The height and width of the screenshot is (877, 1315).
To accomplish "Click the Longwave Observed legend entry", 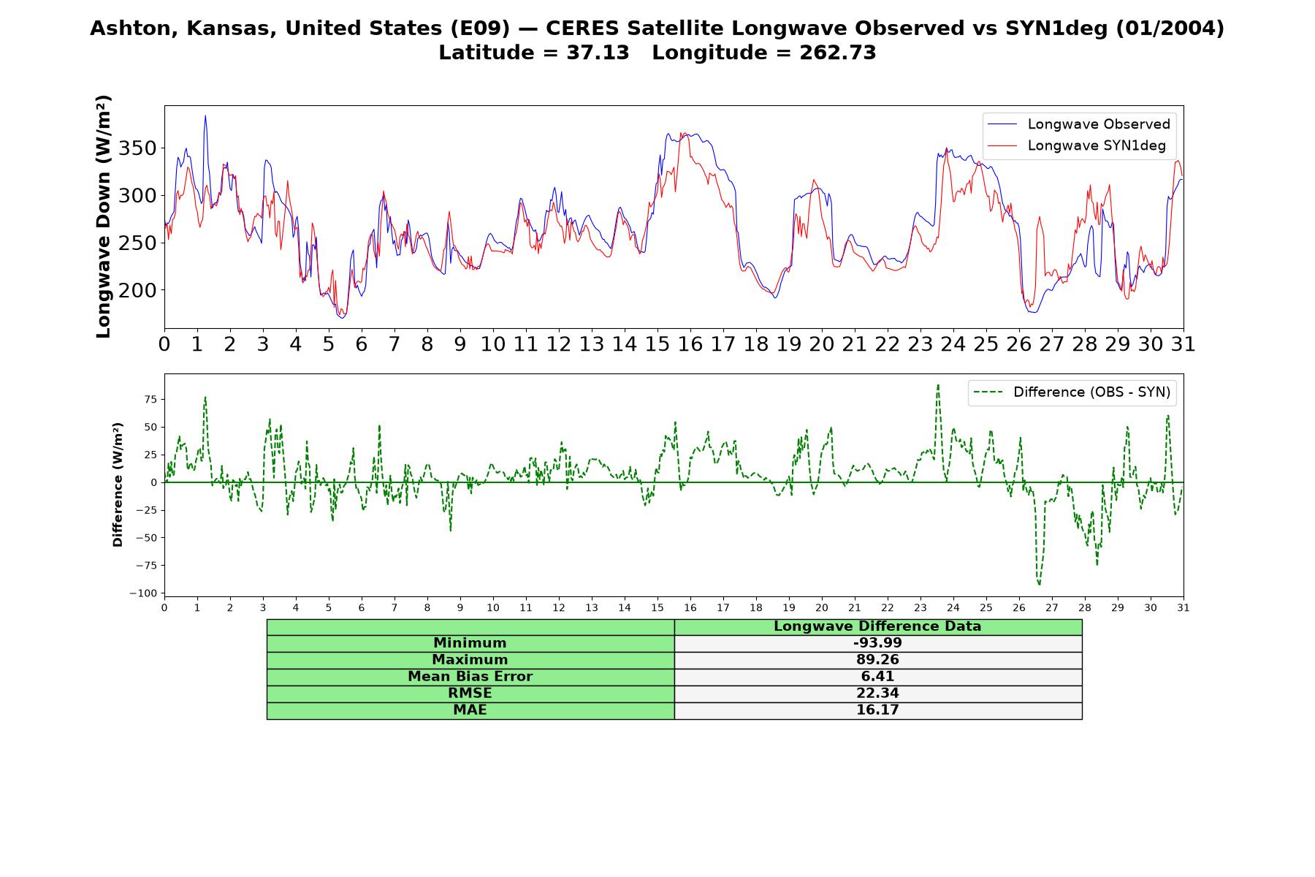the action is [x=1078, y=124].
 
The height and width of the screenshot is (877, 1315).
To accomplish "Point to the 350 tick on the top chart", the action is [x=137, y=148].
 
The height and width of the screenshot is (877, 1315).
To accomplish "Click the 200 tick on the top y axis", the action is [x=137, y=290].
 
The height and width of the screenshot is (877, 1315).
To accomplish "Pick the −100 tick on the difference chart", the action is [x=142, y=593].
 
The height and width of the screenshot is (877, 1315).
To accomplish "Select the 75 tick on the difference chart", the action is [x=150, y=399].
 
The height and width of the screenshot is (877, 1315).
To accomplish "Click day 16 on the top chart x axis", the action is [x=690, y=344].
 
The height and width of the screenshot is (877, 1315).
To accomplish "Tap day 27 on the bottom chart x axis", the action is [x=1051, y=608].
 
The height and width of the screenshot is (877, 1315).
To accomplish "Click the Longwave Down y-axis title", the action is [x=104, y=216].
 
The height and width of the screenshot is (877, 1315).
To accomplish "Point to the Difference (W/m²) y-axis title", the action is [x=118, y=485].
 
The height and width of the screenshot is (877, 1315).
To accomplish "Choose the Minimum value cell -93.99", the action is [x=877, y=643].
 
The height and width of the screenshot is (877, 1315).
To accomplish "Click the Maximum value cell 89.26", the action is [x=877, y=660].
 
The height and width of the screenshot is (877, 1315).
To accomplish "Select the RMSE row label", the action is [x=470, y=694].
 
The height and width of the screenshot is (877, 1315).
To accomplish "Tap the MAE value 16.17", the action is [x=877, y=710].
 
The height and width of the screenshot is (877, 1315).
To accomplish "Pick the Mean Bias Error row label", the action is [x=470, y=677].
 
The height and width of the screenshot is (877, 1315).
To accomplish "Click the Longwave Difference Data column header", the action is [x=877, y=626].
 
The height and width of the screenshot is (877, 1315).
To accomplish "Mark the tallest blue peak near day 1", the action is [x=205, y=115].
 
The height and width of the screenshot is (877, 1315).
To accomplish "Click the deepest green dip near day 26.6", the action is [x=1039, y=585].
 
